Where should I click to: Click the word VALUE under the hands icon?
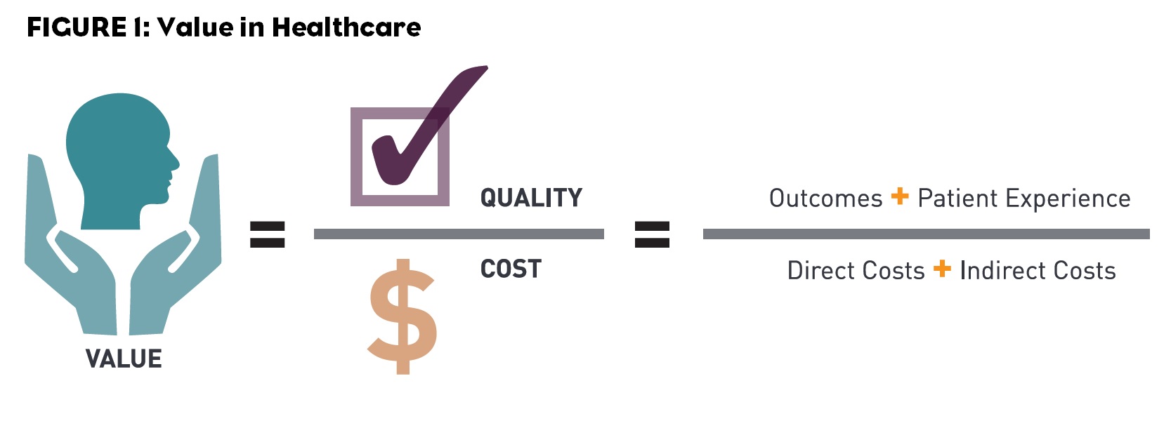tap(124, 359)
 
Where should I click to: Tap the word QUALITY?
tap(531, 198)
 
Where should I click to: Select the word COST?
tap(511, 269)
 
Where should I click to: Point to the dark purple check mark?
tap(421, 133)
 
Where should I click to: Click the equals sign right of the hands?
tap(268, 234)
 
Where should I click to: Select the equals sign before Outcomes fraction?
tap(652, 234)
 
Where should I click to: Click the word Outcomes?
tap(825, 199)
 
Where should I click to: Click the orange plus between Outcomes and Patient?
tap(900, 196)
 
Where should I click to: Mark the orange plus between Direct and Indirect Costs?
tap(942, 269)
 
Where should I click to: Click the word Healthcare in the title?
tap(346, 27)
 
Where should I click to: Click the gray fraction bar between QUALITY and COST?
tap(459, 234)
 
